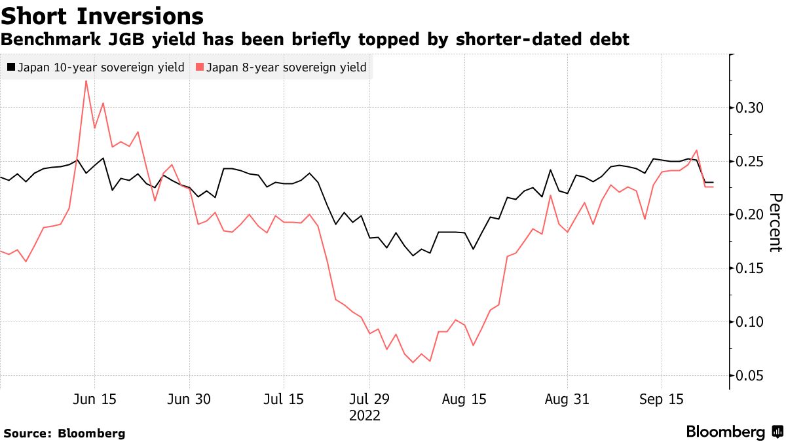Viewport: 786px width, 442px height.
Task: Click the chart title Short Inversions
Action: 102,16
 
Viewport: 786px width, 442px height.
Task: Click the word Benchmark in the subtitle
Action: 43,40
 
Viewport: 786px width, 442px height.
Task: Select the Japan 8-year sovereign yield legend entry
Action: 282,67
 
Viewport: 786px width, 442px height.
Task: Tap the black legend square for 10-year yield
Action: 10,67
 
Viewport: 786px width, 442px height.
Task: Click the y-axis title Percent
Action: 775,223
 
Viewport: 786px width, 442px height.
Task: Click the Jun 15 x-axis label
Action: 95,399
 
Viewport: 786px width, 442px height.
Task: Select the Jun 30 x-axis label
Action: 189,399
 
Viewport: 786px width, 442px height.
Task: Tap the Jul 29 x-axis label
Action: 369,399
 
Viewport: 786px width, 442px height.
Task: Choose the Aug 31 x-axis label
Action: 567,399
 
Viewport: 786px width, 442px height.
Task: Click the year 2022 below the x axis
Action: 364,416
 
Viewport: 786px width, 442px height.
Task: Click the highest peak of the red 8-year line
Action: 86,81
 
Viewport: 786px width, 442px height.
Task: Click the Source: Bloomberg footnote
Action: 64,433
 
